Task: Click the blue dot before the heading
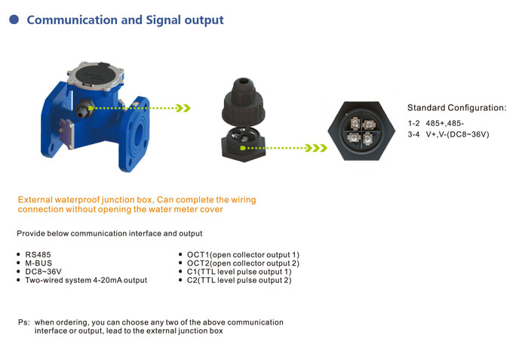tap(14, 20)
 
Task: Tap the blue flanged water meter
tap(98, 121)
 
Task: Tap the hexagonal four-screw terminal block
tap(360, 136)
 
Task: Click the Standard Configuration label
tap(456, 108)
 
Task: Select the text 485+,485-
tap(445, 123)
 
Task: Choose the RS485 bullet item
tap(38, 255)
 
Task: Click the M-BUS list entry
tap(38, 263)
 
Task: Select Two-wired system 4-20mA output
tap(86, 280)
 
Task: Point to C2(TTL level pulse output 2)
tap(239, 280)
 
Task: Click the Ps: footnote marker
tap(23, 322)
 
